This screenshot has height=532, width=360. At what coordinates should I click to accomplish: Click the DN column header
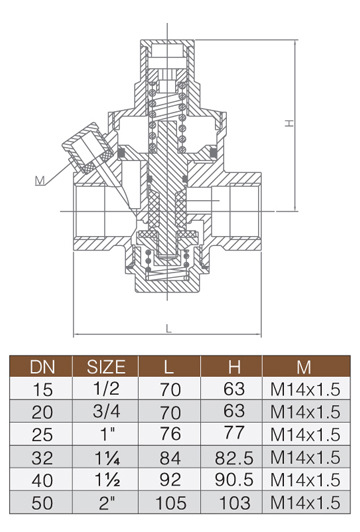point(42,367)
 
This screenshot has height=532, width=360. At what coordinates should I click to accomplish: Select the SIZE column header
point(106,367)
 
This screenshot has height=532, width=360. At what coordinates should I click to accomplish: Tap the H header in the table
point(234,367)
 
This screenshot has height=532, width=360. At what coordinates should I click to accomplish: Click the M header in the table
point(304,367)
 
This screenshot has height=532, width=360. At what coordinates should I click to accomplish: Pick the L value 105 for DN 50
point(171,502)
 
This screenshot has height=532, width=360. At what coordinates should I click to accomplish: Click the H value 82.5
point(234,458)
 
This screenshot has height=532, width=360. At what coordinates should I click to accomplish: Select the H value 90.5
point(234,480)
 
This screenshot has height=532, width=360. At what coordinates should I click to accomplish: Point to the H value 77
point(234,433)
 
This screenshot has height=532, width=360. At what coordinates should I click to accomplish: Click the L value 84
point(170,458)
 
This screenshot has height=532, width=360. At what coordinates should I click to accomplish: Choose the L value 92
point(170,480)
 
